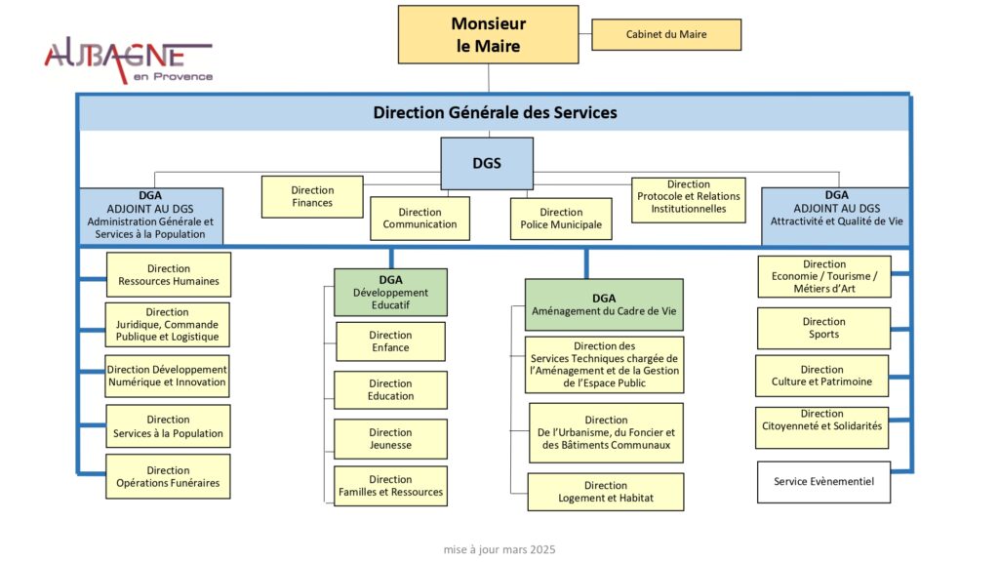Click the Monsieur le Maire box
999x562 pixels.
pos(488,35)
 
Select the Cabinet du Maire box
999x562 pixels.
pos(666,35)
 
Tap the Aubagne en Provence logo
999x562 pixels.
pos(128,60)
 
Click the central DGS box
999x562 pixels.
pos(487,163)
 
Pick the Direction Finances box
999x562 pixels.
pos(312,196)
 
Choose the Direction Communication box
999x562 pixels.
pos(420,218)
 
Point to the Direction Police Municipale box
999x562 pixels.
pos(561,218)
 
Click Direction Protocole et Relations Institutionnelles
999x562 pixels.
pos(689,197)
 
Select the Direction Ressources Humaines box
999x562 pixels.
pos(169,275)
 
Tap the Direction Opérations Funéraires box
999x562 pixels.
pos(168,476)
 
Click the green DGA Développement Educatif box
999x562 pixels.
pos(390,292)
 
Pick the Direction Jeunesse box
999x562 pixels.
pos(390,439)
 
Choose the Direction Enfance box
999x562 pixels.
pos(390,341)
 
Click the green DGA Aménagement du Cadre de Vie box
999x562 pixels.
pos(604,304)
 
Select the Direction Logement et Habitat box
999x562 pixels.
pos(606,492)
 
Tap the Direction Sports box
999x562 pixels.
pos(823,328)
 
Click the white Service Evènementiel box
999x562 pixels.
pos(823,482)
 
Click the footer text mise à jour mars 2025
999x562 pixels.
pos(499,550)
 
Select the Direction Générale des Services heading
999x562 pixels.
pos(495,113)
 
